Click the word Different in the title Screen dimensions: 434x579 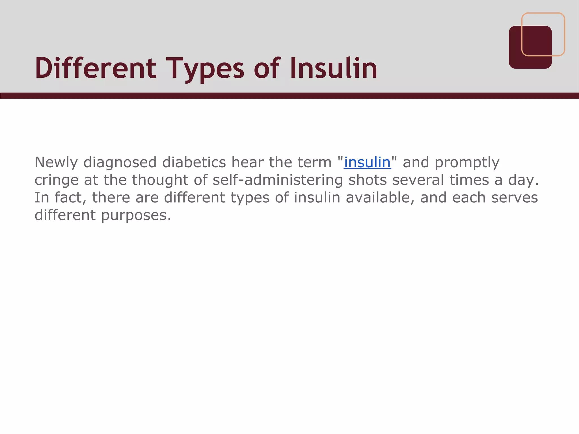pos(96,68)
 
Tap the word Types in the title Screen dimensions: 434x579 pos(206,69)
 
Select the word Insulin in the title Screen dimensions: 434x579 pos(334,68)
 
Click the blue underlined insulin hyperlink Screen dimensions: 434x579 pos(367,162)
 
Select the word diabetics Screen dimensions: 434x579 pos(194,162)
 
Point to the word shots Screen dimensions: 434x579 pos(368,180)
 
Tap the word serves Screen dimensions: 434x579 pos(515,198)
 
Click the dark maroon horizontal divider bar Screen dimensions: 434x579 pos(289,96)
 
